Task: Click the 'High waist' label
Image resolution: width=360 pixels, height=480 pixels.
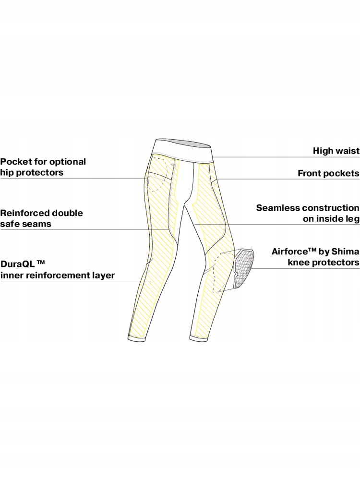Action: click(336, 151)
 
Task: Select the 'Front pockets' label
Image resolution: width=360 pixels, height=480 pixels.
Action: click(328, 173)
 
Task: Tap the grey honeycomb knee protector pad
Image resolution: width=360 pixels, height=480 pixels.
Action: click(243, 268)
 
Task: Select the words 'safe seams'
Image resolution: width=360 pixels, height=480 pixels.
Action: click(25, 224)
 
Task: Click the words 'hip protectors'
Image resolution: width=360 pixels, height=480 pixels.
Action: click(32, 173)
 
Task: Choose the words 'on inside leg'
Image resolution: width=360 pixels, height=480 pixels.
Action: click(331, 219)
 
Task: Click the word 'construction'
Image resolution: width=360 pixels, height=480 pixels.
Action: click(331, 208)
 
